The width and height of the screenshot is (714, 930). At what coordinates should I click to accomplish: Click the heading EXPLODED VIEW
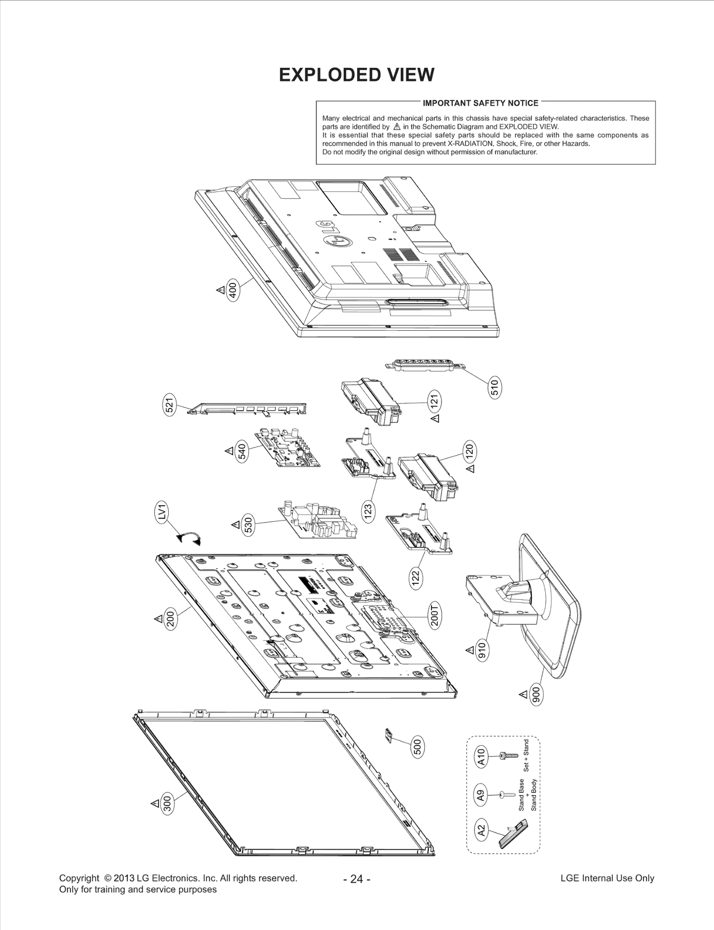pos(356,75)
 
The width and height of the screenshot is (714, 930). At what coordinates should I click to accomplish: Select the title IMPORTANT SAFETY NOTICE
pos(480,103)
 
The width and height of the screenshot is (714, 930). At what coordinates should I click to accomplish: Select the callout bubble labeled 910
pos(482,651)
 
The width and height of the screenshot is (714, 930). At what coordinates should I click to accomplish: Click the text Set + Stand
pos(526,756)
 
